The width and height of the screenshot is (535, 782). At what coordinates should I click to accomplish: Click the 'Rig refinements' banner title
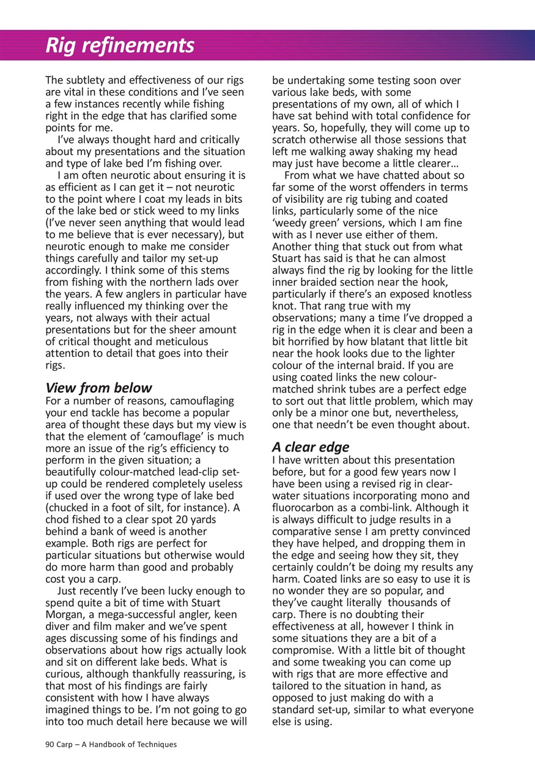coord(120,45)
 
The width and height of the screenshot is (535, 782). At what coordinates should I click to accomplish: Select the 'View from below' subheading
coord(99,388)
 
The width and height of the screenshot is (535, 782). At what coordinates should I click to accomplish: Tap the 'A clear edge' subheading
coord(311,447)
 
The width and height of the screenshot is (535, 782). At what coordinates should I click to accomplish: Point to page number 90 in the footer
coord(50,744)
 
